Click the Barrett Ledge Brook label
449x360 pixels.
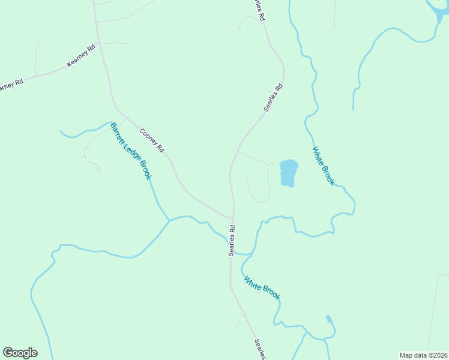coord(131,151)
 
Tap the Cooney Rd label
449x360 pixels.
coord(152,140)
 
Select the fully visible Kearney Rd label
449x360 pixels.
coord(82,56)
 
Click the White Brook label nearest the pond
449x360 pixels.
coord(323,166)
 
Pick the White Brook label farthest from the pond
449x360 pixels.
coord(262,287)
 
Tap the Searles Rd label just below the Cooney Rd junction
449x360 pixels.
coord(232,241)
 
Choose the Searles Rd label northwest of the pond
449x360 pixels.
coord(273,98)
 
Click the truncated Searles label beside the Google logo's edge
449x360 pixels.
coord(260,349)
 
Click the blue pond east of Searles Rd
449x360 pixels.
coord(289,173)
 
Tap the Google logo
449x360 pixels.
coord(20,353)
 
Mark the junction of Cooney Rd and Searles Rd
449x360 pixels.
coord(232,218)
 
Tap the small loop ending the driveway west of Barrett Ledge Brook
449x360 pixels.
coord(98,169)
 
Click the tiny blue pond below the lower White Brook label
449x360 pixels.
coord(329,319)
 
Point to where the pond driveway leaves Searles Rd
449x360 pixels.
coord(238,151)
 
